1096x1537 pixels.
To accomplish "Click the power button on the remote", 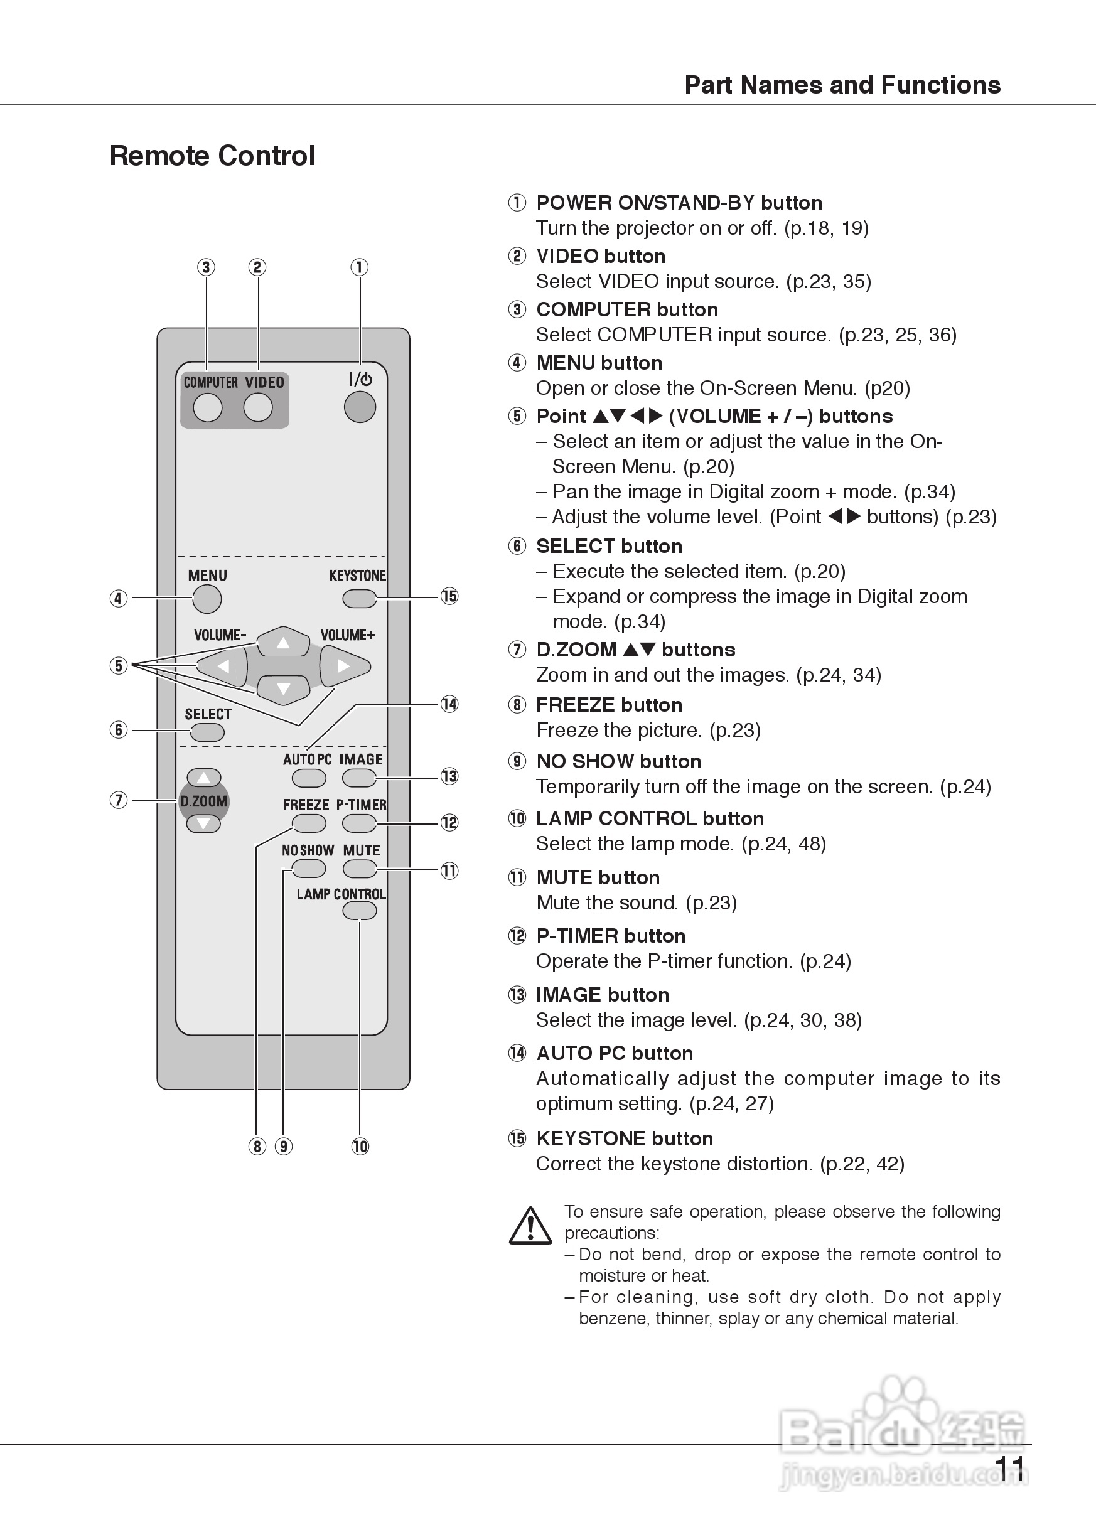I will click(360, 406).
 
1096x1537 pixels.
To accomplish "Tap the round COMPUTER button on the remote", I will click(207, 407).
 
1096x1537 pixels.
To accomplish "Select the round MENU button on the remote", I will click(207, 599).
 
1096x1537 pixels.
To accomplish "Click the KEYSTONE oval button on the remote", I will click(359, 598).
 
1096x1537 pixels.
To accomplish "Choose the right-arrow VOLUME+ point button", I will click(344, 666).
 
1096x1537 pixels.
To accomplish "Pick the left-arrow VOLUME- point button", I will click(223, 666).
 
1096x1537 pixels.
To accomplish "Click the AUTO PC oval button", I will click(308, 778).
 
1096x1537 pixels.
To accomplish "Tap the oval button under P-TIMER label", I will click(359, 823).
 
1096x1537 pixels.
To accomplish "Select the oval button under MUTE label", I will click(360, 869).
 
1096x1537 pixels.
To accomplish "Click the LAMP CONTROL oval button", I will click(359, 911).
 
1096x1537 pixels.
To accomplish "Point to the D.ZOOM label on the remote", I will click(203, 801).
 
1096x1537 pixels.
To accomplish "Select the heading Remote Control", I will click(212, 156).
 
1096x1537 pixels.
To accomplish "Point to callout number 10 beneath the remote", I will click(360, 1147).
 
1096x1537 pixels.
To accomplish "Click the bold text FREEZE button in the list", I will click(609, 705).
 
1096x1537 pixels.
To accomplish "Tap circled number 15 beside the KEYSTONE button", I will click(449, 596).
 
